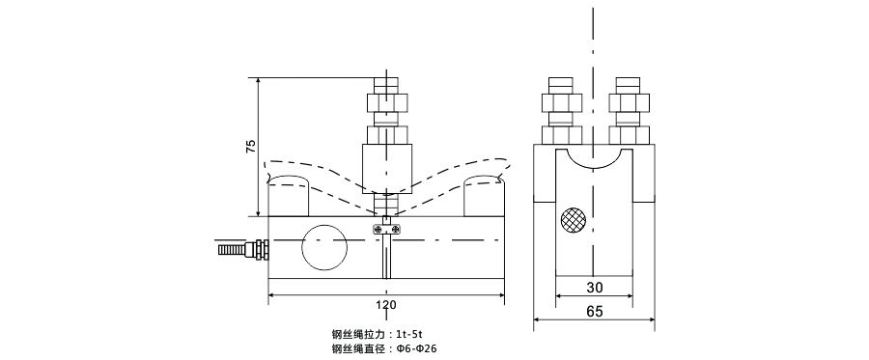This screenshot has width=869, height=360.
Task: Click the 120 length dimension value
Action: [x=385, y=306]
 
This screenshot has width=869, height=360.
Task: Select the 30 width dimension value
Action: [x=594, y=288]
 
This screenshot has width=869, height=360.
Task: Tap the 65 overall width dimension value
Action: [x=594, y=313]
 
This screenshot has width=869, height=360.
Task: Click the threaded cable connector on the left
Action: [x=241, y=250]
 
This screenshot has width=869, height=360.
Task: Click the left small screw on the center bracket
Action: [x=375, y=228]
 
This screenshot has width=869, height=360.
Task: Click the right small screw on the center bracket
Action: [x=396, y=228]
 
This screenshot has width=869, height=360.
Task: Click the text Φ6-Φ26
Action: [x=423, y=349]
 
